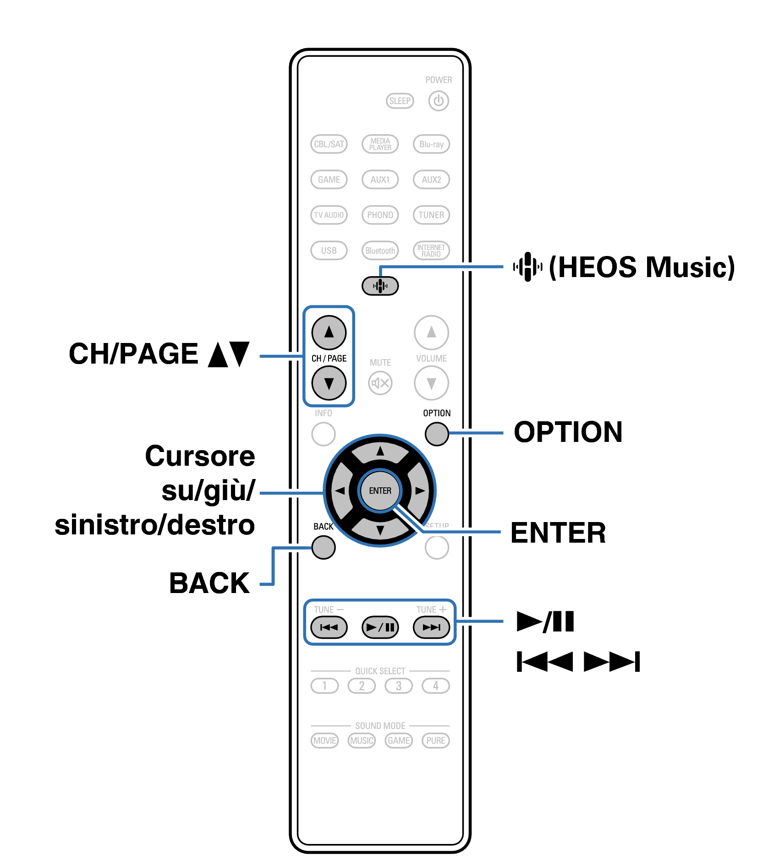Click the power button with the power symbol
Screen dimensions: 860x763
(x=438, y=101)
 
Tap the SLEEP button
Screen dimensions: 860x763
(x=400, y=101)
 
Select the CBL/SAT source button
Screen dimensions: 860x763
(x=329, y=144)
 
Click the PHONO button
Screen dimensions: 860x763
(x=380, y=215)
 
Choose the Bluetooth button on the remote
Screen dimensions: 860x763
(x=380, y=250)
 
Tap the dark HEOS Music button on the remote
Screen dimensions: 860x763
(x=380, y=286)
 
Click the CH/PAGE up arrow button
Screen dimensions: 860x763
(x=329, y=332)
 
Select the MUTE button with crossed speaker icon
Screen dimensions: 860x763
(x=380, y=383)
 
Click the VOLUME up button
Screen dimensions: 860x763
(x=431, y=332)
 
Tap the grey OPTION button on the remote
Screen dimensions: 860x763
(x=436, y=434)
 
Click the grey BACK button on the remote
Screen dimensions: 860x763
(x=323, y=547)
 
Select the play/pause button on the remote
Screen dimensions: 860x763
(x=380, y=627)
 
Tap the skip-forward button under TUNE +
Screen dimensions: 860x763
(x=431, y=627)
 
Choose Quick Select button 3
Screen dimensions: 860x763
(x=398, y=686)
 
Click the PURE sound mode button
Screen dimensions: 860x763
(x=435, y=740)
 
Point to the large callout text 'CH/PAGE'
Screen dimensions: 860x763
(x=133, y=354)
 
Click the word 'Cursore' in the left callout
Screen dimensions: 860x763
(x=200, y=457)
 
